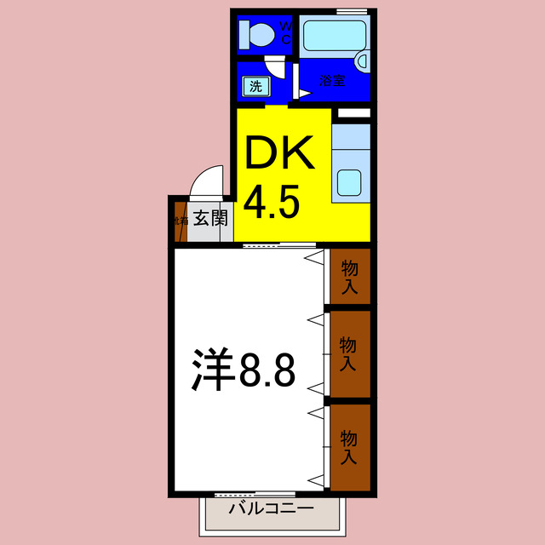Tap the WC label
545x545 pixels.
286,32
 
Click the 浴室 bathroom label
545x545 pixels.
331,82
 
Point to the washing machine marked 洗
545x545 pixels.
255,86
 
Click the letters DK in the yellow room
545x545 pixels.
280,155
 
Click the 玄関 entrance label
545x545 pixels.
209,219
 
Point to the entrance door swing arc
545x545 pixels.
205,181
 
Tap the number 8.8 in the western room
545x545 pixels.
266,372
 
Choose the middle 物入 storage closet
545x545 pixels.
348,353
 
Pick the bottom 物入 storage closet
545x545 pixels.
349,448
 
